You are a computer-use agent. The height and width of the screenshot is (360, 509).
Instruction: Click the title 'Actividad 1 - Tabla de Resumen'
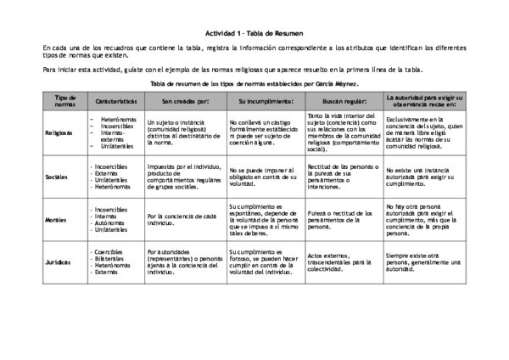click(x=254, y=26)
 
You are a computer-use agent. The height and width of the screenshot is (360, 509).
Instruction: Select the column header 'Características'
click(x=115, y=101)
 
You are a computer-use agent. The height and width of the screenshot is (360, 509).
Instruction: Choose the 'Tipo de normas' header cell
click(x=64, y=101)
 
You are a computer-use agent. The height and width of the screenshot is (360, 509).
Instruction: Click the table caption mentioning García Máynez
click(x=254, y=85)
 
